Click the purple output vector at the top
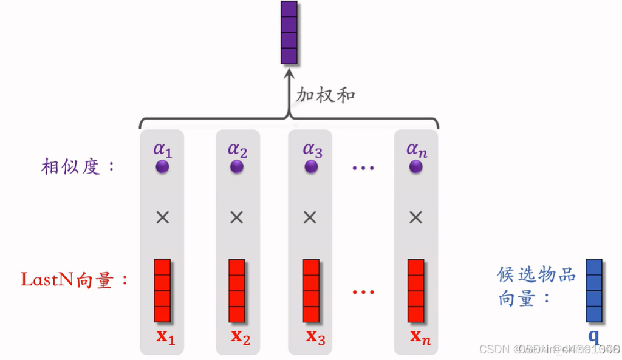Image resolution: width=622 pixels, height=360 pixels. click(x=289, y=32)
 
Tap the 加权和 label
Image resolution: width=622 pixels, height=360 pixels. click(x=325, y=95)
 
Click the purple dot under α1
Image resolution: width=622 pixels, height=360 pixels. click(x=162, y=166)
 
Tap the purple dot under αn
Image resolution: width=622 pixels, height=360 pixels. click(x=416, y=166)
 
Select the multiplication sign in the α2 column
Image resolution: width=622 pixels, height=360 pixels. click(x=237, y=217)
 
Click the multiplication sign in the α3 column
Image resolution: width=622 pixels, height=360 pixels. click(x=310, y=217)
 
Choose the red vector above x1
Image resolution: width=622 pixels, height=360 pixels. click(x=162, y=290)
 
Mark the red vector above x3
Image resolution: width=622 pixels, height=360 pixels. click(x=311, y=290)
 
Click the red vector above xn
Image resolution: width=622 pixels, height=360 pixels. click(x=415, y=290)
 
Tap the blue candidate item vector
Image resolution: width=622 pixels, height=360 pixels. click(x=594, y=290)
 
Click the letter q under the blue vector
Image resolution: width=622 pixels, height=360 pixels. click(x=593, y=336)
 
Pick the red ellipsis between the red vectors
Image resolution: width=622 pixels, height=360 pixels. click(x=363, y=292)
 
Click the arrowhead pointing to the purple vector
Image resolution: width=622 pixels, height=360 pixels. click(x=289, y=71)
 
